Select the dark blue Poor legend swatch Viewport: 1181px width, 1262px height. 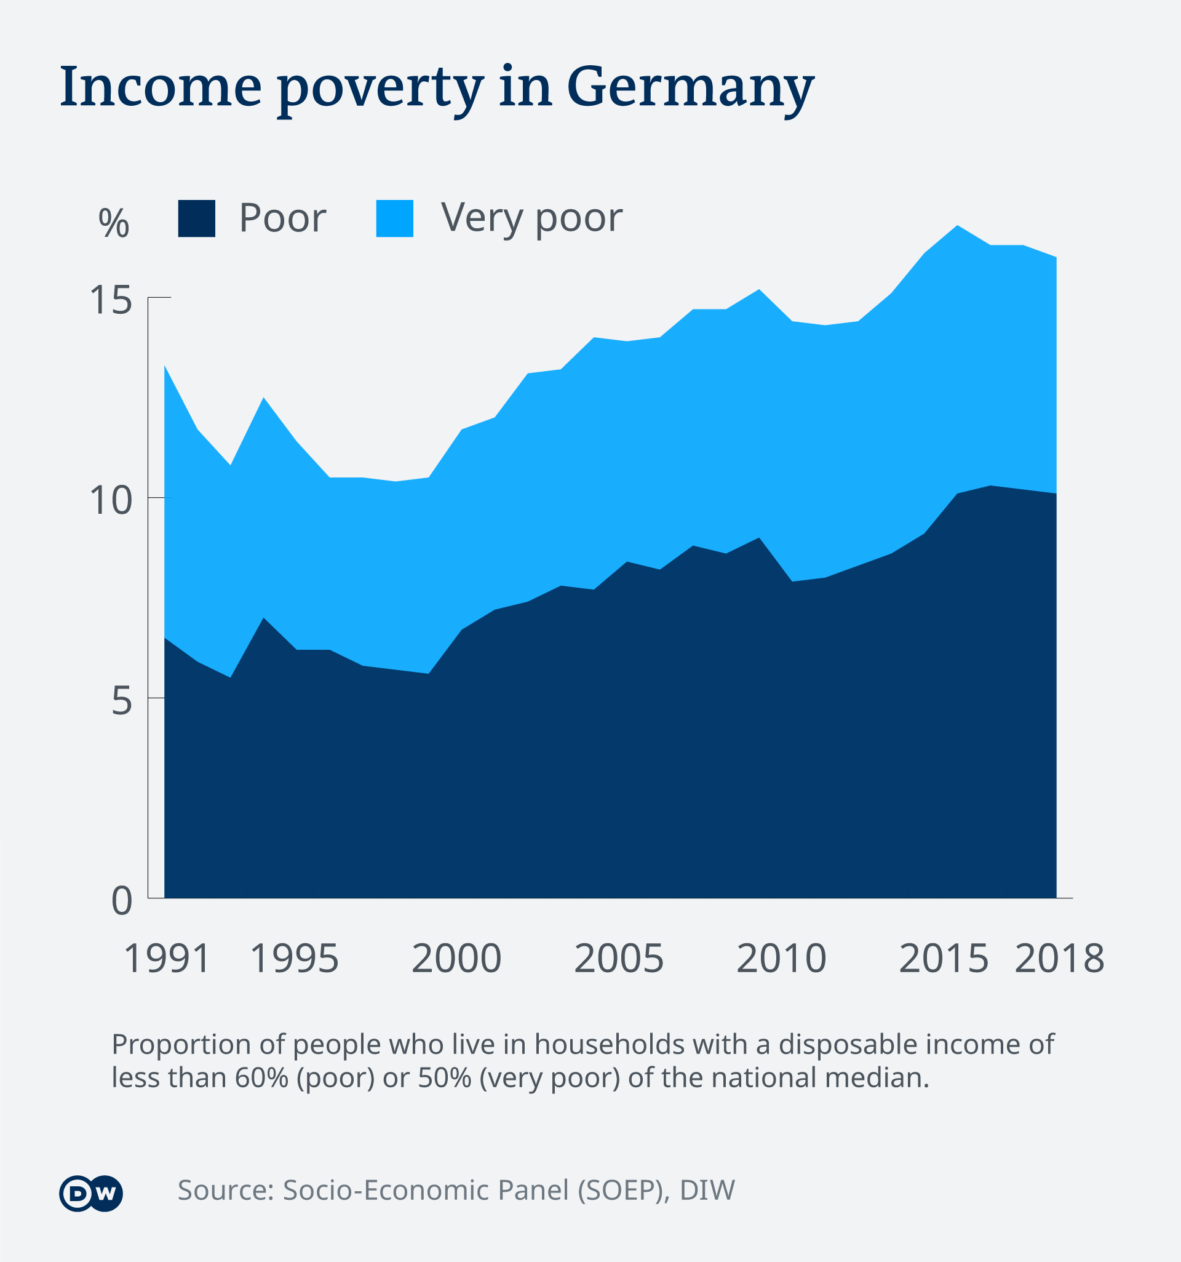pos(197,218)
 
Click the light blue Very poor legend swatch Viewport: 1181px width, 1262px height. pos(394,218)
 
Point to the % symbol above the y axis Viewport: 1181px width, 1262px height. pos(114,223)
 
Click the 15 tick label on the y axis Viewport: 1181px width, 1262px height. pos(111,300)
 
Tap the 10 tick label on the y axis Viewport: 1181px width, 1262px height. pos(111,500)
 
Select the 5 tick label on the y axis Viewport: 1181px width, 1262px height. pos(122,701)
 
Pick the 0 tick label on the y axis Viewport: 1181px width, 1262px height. pos(122,900)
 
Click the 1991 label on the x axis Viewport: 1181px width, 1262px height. pos(167,959)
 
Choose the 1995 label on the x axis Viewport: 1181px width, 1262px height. pos(295,959)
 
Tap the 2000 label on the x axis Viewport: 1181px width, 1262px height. pos(456,959)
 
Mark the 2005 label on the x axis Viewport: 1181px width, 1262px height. pos(619,959)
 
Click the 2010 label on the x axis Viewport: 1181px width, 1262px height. pos(781,959)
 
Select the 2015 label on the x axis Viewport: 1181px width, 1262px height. pos(944,959)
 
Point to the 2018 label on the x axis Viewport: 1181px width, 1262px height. pos(1059,959)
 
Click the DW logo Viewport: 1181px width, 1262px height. pos(91,1194)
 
